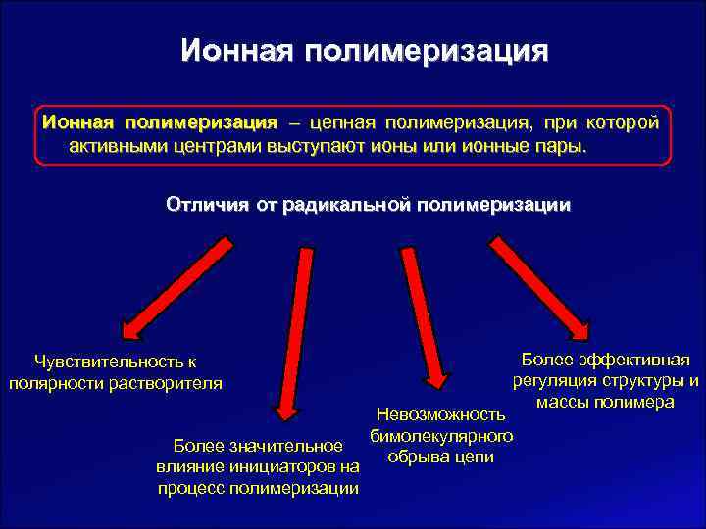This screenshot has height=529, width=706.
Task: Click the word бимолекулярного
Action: click(442, 436)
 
